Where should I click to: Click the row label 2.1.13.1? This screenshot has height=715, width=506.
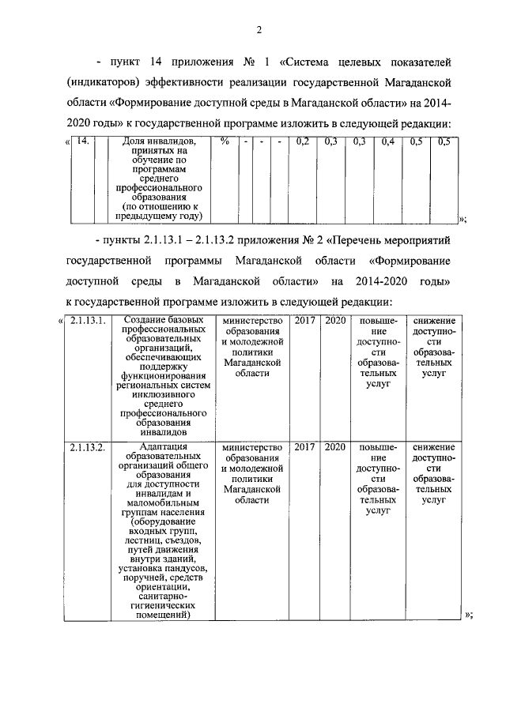[85, 320]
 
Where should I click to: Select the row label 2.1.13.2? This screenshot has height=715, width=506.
[85, 447]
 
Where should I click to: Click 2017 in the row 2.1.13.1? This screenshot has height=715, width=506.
[305, 320]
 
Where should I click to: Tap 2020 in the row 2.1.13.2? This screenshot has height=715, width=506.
[335, 447]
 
